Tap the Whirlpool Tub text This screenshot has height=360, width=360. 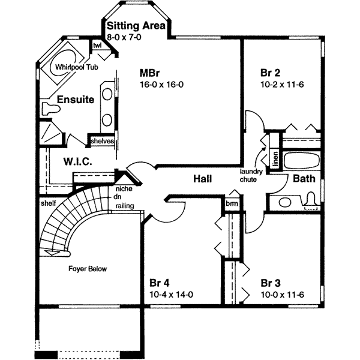coord(77,67)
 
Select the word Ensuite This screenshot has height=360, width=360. coord(76,100)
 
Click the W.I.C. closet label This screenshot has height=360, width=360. coord(77,161)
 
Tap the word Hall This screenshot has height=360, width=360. coord(203,178)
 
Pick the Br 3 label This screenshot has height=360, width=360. coord(271,283)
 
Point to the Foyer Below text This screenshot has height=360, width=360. coord(87,269)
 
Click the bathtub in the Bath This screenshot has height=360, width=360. coord(302,161)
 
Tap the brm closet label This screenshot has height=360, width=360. coord(232,203)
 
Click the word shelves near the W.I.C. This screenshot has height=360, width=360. coord(101,141)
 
